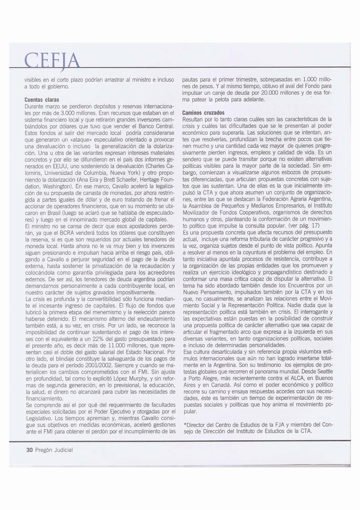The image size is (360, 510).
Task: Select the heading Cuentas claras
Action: click(42, 100)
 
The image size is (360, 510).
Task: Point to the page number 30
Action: click(29, 450)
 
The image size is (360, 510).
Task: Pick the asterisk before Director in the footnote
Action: click(185, 425)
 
